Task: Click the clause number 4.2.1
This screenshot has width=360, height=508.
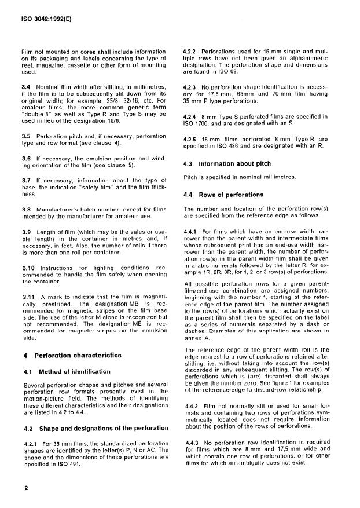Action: pos(28,444)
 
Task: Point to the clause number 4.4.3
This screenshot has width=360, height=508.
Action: pos(191,444)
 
